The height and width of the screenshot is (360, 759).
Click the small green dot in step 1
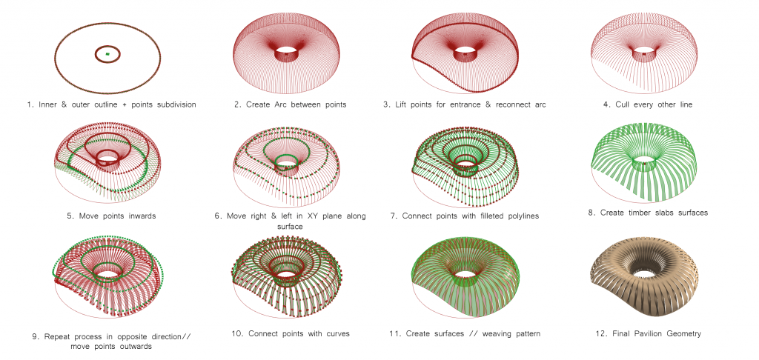[x=107, y=54]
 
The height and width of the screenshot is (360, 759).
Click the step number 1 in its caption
[x=29, y=104]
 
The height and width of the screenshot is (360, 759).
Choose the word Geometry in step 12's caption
[x=683, y=333]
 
